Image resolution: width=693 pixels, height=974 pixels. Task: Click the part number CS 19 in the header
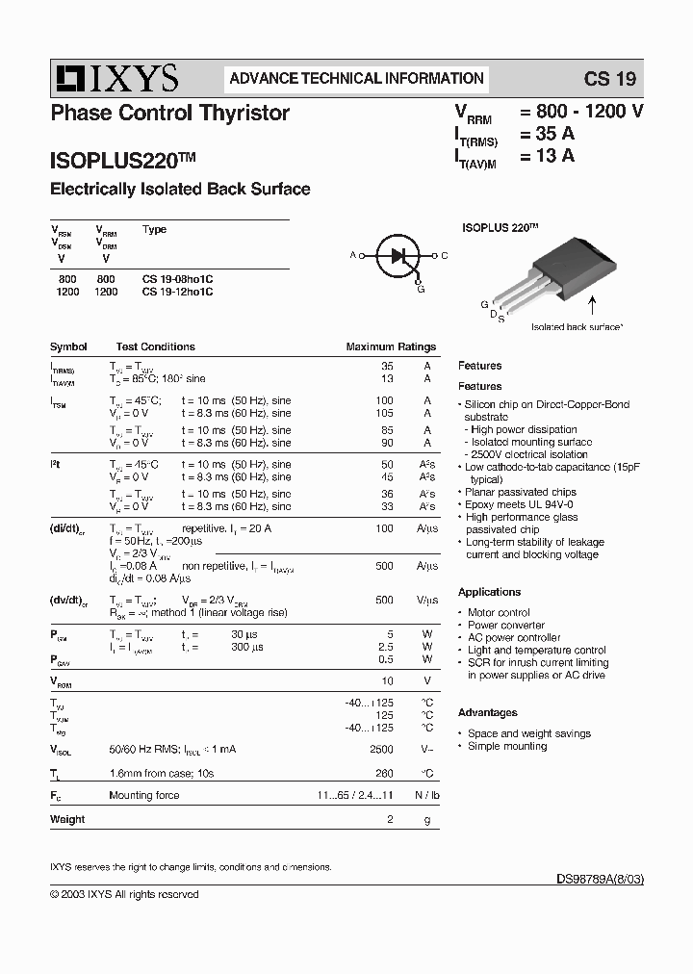pos(610,79)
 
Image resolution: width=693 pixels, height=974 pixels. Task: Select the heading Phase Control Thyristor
pos(169,113)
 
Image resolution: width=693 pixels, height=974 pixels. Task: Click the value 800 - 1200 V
pos(581,111)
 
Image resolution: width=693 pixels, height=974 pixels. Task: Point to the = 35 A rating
pos(548,133)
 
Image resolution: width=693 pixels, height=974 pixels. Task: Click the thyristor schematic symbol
pos(398,256)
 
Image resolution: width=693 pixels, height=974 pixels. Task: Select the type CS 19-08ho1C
pos(177,278)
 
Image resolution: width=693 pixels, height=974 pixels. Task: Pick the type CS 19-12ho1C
pos(177,291)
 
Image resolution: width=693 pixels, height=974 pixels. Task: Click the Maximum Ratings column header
pos(391,346)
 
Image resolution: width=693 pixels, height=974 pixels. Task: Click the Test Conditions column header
pos(155,346)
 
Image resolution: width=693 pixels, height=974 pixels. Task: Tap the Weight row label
pos(67,819)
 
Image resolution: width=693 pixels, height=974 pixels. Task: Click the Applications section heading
pos(489,592)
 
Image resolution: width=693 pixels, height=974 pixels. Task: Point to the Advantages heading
pos(487,712)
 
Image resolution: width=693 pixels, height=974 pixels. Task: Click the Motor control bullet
pos(499,612)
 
